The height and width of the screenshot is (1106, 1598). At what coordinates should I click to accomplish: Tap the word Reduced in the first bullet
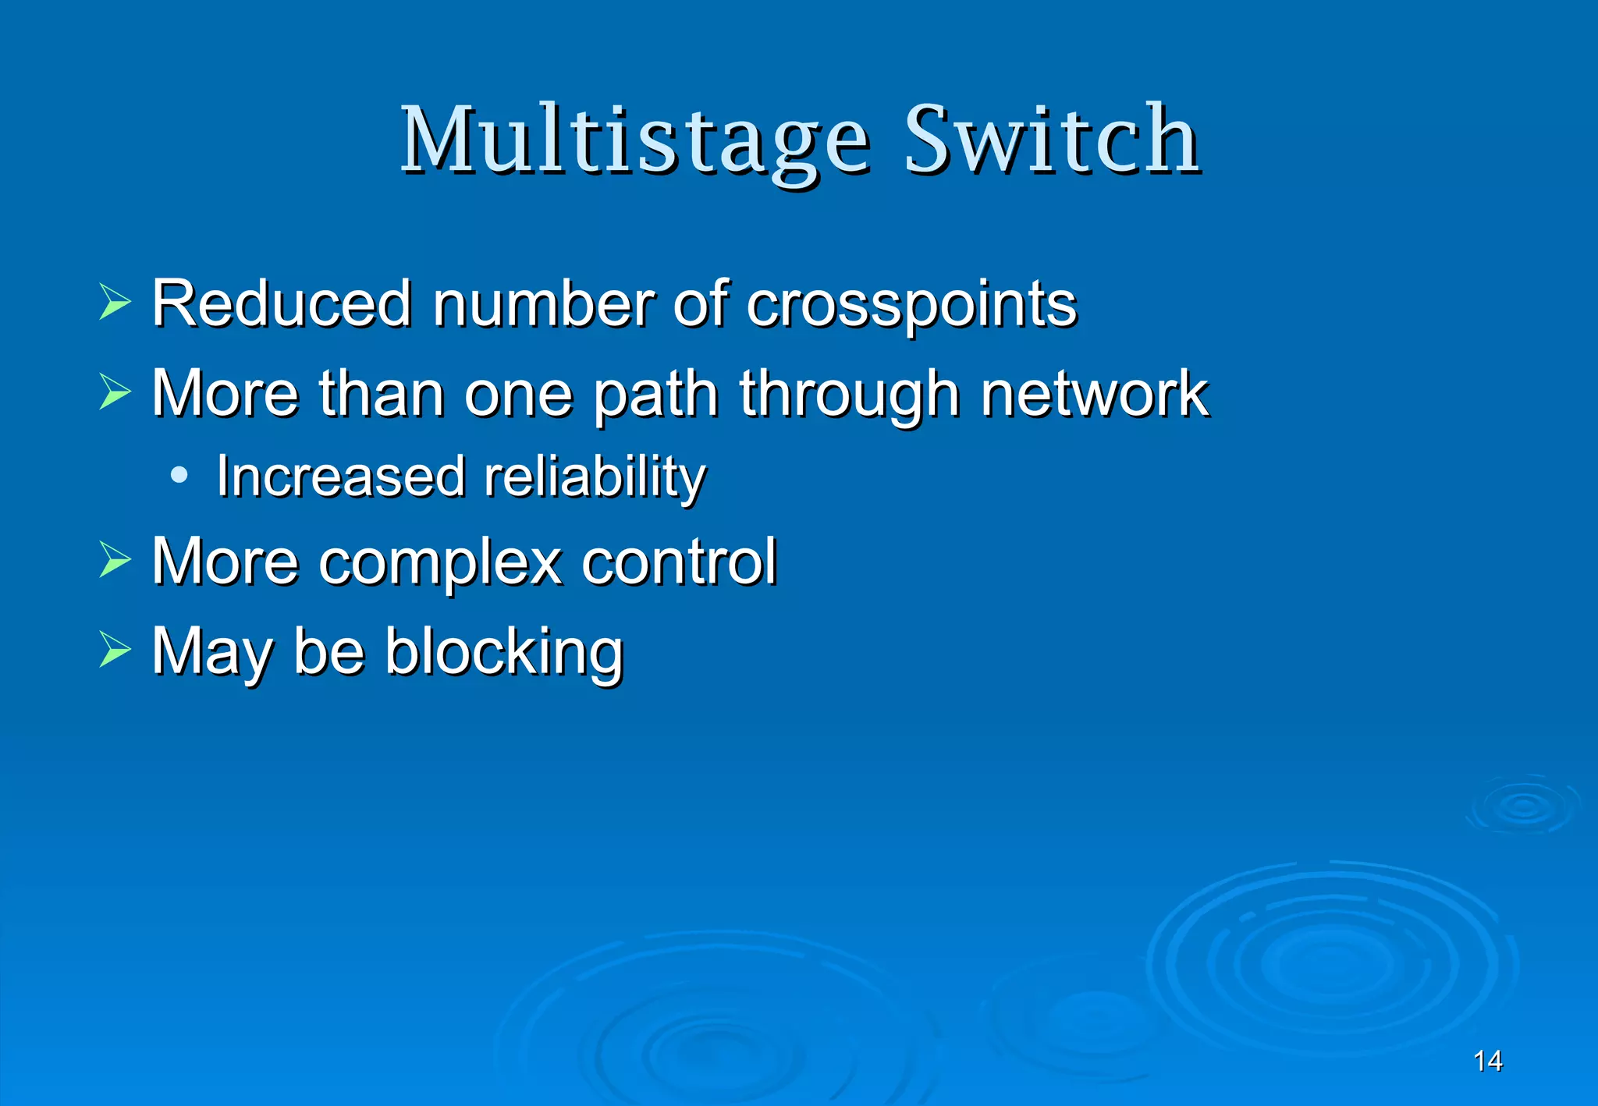pos(282,303)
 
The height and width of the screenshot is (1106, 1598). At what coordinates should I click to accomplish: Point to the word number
pos(543,303)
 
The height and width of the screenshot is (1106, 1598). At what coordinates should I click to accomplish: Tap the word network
pos(1094,394)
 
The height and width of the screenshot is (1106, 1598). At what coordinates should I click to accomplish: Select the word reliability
pos(595,477)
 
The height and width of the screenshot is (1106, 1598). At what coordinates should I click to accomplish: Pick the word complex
pos(440,562)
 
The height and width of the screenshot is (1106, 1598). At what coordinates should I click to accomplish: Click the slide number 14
pos(1487,1061)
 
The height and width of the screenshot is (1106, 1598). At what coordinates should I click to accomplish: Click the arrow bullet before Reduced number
pos(115,303)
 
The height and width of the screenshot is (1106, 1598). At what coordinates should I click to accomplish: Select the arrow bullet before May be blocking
pos(115,650)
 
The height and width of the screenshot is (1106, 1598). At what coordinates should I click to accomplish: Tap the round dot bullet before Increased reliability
pos(179,474)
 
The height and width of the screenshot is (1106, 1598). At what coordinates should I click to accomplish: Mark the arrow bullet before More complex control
pos(115,559)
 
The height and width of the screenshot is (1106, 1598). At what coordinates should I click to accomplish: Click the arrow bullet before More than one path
pos(115,392)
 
